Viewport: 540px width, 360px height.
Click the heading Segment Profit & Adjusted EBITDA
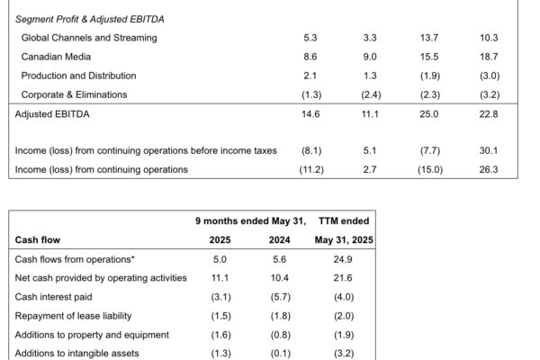pyautogui.click(x=89, y=19)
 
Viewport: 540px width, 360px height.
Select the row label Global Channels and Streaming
pyautogui.click(x=89, y=38)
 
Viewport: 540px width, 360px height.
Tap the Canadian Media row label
pyautogui.click(x=56, y=57)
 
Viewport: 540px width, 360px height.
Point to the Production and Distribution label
pyautogui.click(x=78, y=76)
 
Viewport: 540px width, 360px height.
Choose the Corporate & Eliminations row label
pyautogui.click(x=74, y=94)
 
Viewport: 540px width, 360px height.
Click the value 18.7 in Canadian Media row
pyautogui.click(x=489, y=57)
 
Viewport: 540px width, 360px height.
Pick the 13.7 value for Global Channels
pyautogui.click(x=429, y=38)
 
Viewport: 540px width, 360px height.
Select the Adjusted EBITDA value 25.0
pyautogui.click(x=429, y=114)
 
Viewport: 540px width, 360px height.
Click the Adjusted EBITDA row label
pyautogui.click(x=52, y=114)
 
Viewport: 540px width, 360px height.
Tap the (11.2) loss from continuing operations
pyautogui.click(x=311, y=170)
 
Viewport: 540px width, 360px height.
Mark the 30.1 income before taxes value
pyautogui.click(x=489, y=151)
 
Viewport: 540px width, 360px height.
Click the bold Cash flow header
pyautogui.click(x=38, y=240)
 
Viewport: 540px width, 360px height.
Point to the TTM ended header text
pyautogui.click(x=344, y=221)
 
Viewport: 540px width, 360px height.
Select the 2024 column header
pyautogui.click(x=279, y=240)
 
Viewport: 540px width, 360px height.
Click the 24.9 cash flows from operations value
pyautogui.click(x=343, y=259)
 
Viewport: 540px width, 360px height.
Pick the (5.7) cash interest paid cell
pyautogui.click(x=280, y=297)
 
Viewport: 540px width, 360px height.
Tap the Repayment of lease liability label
pyautogui.click(x=74, y=316)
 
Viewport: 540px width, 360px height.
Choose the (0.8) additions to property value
pyautogui.click(x=280, y=335)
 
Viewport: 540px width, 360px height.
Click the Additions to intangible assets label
pyautogui.click(x=76, y=354)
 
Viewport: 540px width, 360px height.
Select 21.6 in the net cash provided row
pyautogui.click(x=343, y=278)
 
